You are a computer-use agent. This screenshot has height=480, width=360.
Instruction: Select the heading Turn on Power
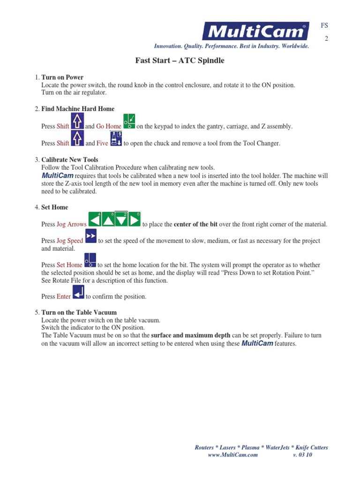tap(62, 77)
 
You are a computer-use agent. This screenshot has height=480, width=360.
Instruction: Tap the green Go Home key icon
tap(129, 121)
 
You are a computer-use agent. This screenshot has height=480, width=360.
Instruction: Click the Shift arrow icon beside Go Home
tap(77, 121)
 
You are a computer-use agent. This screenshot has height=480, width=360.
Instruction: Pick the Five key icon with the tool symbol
tap(116, 139)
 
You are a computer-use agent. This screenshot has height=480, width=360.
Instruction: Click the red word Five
tap(102, 143)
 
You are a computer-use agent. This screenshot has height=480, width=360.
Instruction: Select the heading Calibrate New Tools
tap(70, 160)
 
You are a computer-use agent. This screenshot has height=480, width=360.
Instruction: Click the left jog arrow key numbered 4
tap(95, 220)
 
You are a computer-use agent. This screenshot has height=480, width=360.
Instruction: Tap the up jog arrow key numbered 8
tap(108, 220)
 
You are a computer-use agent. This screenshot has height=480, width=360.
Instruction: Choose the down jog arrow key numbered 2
tap(121, 220)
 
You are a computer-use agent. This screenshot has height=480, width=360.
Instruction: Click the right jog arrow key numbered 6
tap(134, 220)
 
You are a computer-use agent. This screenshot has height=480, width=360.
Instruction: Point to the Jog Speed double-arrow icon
tap(91, 237)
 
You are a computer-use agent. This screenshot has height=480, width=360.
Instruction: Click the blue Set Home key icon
tap(90, 261)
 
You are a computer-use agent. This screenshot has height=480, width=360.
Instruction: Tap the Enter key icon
tap(78, 292)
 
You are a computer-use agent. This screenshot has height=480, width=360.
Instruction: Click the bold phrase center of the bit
tap(195, 225)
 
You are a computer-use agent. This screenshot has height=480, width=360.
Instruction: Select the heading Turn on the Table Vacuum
tap(79, 312)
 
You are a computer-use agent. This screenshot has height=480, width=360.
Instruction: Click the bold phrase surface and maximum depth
tap(190, 336)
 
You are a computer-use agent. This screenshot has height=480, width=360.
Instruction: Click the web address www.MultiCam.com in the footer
tap(232, 455)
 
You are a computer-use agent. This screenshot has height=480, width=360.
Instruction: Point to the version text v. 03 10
tap(302, 455)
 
